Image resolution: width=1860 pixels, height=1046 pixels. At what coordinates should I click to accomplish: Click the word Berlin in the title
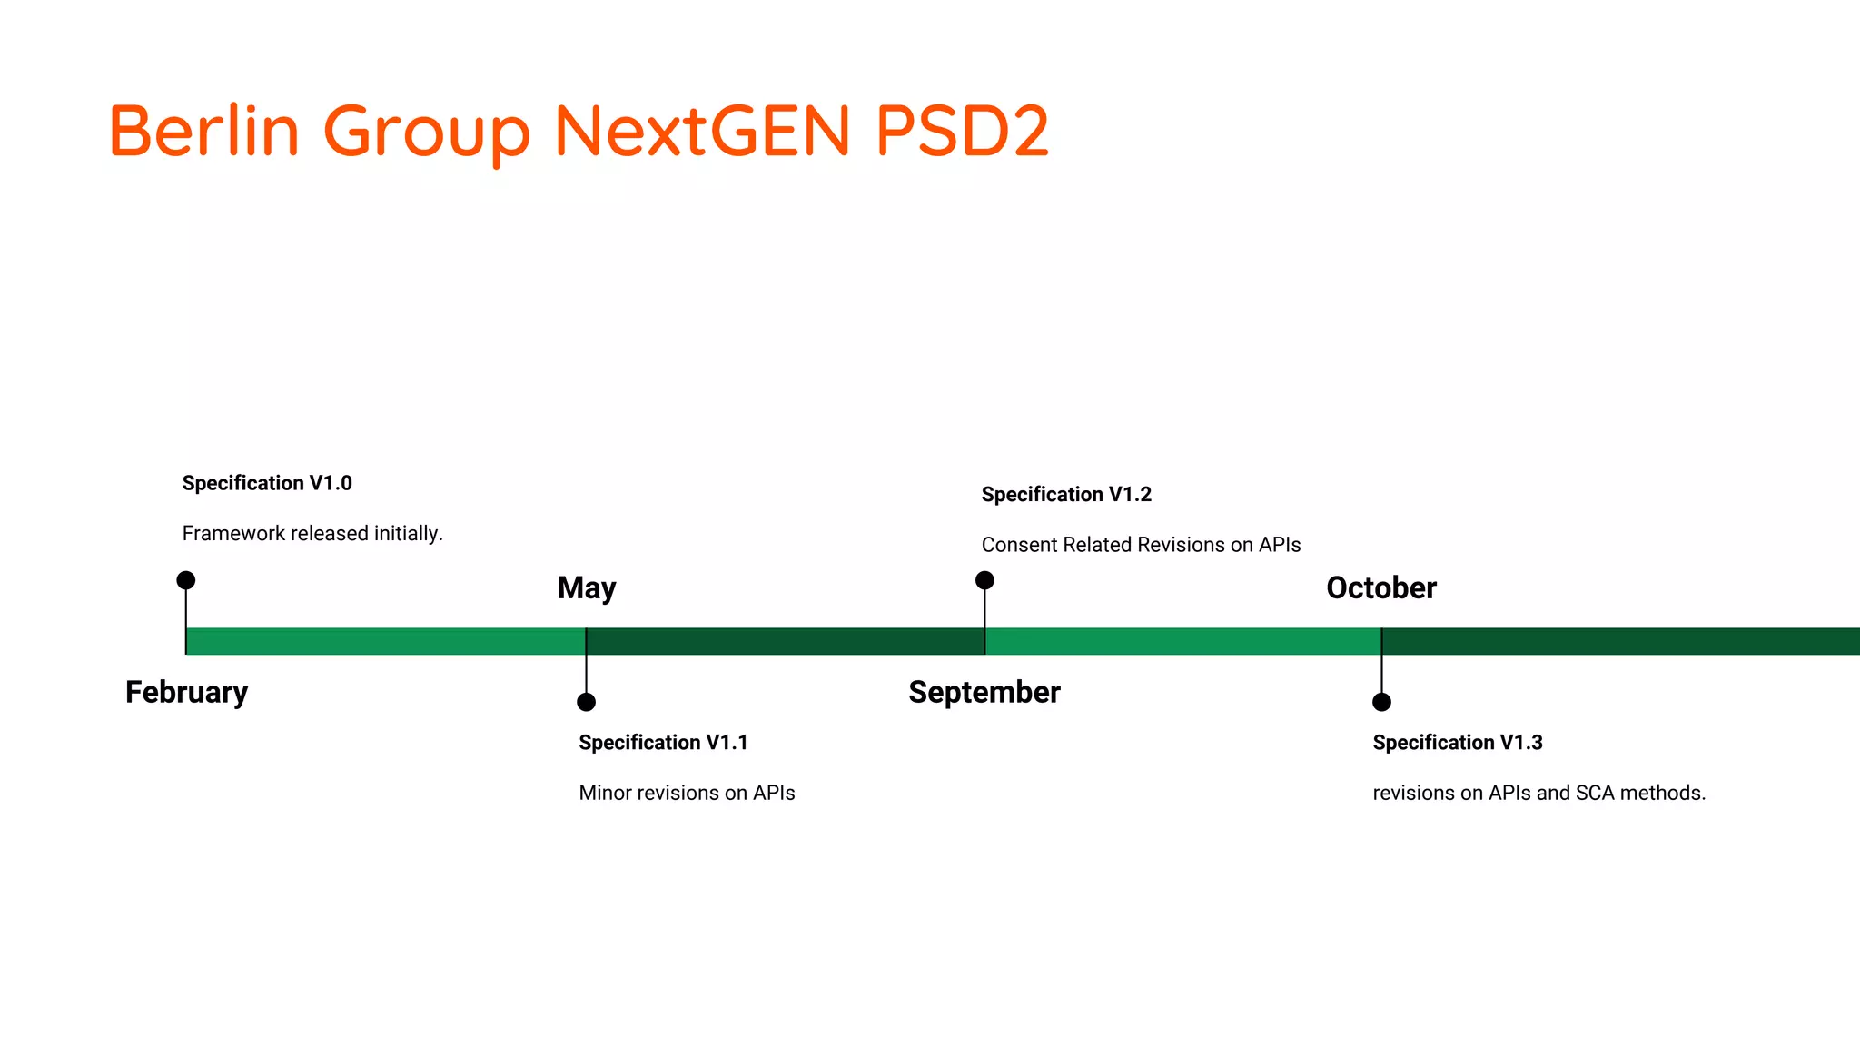[x=204, y=131]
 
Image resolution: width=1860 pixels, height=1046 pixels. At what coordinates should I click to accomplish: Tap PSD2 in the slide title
[x=962, y=131]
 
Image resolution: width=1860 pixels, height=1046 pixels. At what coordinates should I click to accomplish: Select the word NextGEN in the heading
[x=702, y=131]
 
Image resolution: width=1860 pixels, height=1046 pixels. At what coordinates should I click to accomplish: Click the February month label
[x=186, y=692]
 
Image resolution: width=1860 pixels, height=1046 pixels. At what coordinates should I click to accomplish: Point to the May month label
[x=587, y=588]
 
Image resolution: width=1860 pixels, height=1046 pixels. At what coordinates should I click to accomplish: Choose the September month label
[x=984, y=692]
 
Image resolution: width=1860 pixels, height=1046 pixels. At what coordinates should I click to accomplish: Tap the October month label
[x=1381, y=588]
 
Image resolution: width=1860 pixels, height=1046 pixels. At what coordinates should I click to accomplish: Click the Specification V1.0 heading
[x=267, y=483]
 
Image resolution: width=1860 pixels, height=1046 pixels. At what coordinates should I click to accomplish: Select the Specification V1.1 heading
[x=663, y=743]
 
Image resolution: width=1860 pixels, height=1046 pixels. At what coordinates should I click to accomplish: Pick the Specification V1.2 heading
[x=1066, y=495]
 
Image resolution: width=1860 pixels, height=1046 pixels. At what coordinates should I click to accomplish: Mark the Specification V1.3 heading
[x=1458, y=743]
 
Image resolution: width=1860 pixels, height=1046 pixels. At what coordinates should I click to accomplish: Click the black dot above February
[x=186, y=580]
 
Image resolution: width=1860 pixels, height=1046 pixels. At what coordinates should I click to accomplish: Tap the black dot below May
[x=587, y=702]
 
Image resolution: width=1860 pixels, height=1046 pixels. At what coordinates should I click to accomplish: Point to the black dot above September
[x=984, y=580]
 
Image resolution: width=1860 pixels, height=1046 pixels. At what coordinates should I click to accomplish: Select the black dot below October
[x=1381, y=702]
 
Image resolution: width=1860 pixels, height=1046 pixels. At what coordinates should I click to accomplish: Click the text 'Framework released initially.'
[x=312, y=534]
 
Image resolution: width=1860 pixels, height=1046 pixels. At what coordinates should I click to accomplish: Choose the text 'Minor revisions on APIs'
[x=687, y=793]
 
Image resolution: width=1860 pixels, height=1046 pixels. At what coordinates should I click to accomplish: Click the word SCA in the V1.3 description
[x=1595, y=793]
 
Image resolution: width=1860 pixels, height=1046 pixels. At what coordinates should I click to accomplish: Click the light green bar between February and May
[x=386, y=641]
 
